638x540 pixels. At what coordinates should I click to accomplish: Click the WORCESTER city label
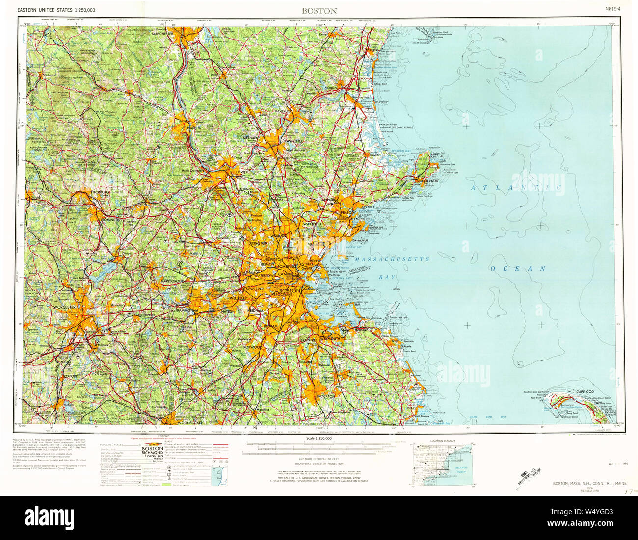tap(62, 307)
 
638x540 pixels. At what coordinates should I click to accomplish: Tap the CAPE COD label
tap(585, 392)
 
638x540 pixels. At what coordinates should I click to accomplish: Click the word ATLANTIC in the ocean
tap(516, 188)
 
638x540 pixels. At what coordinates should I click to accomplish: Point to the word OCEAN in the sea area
tap(518, 269)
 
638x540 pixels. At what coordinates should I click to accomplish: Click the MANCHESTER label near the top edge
tap(162, 34)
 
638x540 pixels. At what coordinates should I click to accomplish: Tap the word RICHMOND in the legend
tap(152, 453)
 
